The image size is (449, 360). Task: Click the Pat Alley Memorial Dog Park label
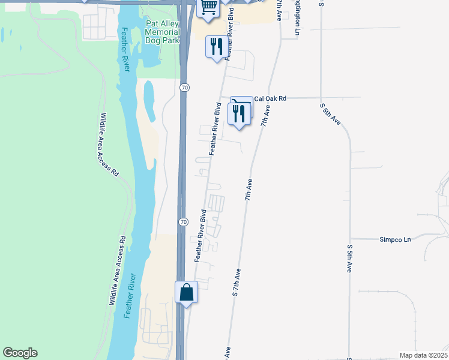click(163, 32)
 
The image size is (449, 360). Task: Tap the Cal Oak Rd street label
click(270, 98)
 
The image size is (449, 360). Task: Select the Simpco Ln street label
click(395, 239)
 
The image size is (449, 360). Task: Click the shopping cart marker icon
click(208, 7)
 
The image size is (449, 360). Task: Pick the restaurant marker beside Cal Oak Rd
click(239, 113)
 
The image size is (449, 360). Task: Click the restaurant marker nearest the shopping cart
click(216, 46)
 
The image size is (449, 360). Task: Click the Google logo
click(20, 353)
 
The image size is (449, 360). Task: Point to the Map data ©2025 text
click(423, 355)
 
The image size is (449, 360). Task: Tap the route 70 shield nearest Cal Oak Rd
click(184, 88)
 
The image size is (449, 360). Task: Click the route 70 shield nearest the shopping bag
click(184, 223)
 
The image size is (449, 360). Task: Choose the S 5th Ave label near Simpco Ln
click(349, 259)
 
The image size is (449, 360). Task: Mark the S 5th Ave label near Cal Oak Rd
click(330, 113)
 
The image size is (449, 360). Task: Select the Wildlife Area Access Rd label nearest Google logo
click(117, 271)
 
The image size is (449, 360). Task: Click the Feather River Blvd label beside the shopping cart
click(229, 35)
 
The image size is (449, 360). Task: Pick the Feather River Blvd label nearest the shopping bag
click(200, 235)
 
